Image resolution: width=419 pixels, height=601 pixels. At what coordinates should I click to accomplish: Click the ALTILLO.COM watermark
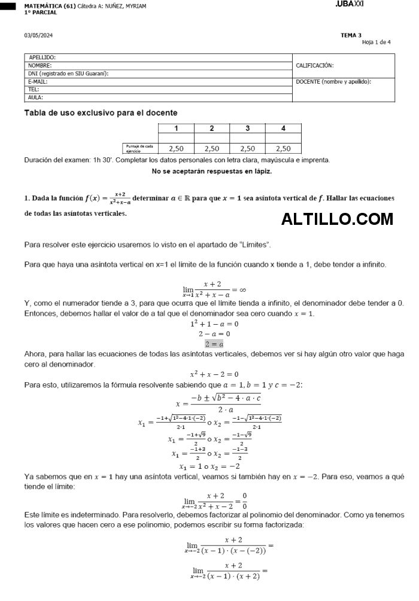pyautogui.click(x=337, y=219)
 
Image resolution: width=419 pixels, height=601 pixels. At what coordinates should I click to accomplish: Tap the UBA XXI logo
pyautogui.click(x=350, y=4)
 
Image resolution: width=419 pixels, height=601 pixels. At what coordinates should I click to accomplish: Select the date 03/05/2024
pyautogui.click(x=38, y=35)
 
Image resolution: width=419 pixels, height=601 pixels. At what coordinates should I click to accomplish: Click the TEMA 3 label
pyautogui.click(x=351, y=35)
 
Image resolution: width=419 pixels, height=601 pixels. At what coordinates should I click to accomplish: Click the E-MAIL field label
pyautogui.click(x=38, y=81)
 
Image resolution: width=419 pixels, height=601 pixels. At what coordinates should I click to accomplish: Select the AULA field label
pyautogui.click(x=35, y=97)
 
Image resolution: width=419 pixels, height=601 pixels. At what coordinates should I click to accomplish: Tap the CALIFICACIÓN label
pyautogui.click(x=315, y=65)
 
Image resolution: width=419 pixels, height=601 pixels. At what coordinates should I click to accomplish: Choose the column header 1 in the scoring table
pyautogui.click(x=176, y=128)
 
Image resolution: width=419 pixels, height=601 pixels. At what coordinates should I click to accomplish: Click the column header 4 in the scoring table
pyautogui.click(x=283, y=128)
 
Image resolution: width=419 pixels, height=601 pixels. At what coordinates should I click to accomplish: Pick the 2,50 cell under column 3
pyautogui.click(x=247, y=149)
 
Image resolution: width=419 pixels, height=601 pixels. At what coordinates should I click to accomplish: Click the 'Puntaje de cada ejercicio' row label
pyautogui.click(x=139, y=149)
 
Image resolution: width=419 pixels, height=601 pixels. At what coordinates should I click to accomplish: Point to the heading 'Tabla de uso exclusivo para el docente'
pyautogui.click(x=101, y=112)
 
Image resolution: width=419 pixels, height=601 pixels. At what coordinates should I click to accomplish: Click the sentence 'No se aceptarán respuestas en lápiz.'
pyautogui.click(x=212, y=171)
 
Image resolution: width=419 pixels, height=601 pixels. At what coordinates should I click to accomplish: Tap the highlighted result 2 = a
pyautogui.click(x=214, y=344)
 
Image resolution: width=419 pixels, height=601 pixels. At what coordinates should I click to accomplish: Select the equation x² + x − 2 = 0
pyautogui.click(x=214, y=374)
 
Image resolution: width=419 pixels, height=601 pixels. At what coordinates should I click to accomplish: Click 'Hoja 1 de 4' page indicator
pyautogui.click(x=376, y=42)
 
